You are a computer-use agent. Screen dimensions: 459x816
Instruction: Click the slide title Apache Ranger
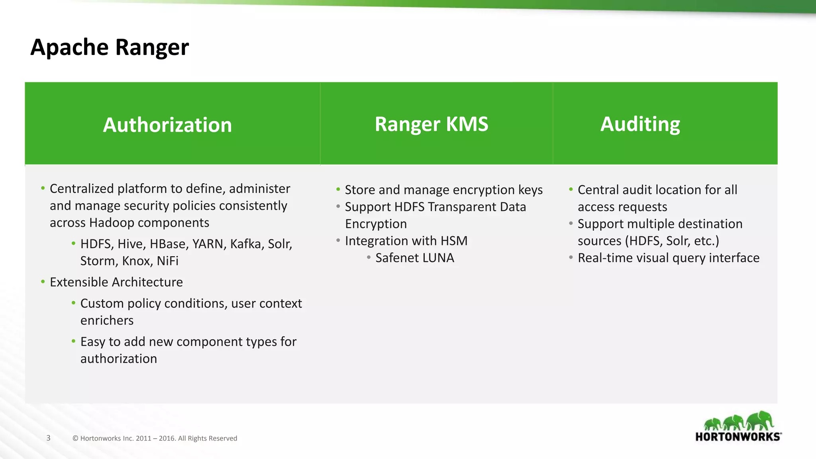pyautogui.click(x=110, y=47)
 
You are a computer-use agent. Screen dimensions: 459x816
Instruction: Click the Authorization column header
pyautogui.click(x=167, y=125)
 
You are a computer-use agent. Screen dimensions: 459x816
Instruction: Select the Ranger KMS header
pyautogui.click(x=431, y=124)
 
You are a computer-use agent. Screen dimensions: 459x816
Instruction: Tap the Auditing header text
pyautogui.click(x=640, y=124)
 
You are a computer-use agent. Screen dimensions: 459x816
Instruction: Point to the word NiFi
pyautogui.click(x=167, y=261)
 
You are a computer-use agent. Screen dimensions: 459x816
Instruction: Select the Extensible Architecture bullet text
pyautogui.click(x=116, y=282)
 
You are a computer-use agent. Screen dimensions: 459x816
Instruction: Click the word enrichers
pyautogui.click(x=107, y=320)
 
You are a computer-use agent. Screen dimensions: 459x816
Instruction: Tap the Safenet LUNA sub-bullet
pyautogui.click(x=414, y=258)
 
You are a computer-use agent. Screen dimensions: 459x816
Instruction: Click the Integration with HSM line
pyautogui.click(x=406, y=241)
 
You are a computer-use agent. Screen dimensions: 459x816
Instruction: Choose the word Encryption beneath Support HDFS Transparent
pyautogui.click(x=376, y=224)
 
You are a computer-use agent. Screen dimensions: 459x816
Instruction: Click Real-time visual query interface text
pyautogui.click(x=668, y=258)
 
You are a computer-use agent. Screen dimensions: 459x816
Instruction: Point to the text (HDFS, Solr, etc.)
pyautogui.click(x=672, y=241)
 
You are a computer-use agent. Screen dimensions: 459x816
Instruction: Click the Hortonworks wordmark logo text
pyautogui.click(x=738, y=437)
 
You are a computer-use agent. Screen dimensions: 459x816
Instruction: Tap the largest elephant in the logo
pyautogui.click(x=760, y=420)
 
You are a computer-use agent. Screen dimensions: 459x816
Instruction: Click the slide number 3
pyautogui.click(x=48, y=438)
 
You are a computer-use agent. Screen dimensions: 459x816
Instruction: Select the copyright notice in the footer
pyautogui.click(x=155, y=438)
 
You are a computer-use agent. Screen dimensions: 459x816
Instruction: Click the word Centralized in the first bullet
pyautogui.click(x=82, y=188)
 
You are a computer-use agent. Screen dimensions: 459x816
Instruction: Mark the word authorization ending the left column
pyautogui.click(x=119, y=359)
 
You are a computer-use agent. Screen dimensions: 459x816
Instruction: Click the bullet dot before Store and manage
pyautogui.click(x=338, y=189)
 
